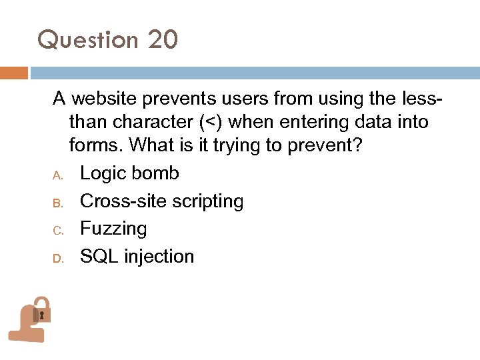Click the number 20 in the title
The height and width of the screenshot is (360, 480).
point(163,39)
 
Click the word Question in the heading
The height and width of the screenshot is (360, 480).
point(88,41)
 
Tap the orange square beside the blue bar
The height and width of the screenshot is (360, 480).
point(14,73)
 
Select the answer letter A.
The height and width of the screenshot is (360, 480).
point(58,175)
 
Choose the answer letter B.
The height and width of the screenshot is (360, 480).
point(58,203)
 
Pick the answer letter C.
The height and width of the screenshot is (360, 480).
point(58,231)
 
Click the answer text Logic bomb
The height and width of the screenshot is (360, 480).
point(129,173)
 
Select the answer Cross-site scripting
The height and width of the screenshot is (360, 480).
point(161,201)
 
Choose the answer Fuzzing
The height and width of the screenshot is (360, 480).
point(113,229)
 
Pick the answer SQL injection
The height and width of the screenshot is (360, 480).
point(137,257)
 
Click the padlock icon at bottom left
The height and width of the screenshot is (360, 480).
point(30,319)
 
